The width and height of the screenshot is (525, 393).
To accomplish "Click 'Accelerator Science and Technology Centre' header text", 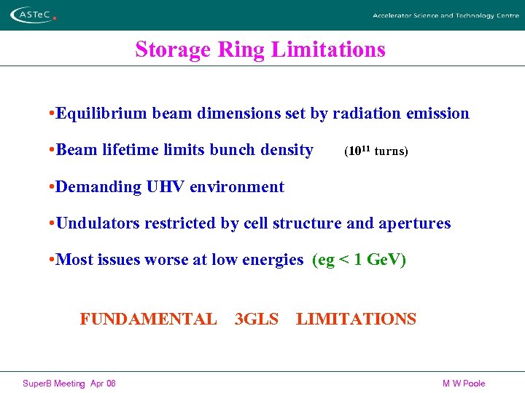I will (x=446, y=15).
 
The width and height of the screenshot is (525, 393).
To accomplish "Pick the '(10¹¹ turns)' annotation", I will (x=376, y=151).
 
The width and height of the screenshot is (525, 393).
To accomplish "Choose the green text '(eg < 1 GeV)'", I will (x=359, y=260).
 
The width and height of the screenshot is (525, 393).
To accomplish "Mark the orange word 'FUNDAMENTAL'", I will (x=148, y=319).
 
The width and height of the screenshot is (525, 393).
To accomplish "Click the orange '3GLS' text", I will (x=257, y=319).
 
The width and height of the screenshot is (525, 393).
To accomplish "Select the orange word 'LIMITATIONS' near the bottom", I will (x=356, y=319).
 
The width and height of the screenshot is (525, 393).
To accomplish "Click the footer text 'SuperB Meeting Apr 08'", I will (x=69, y=384).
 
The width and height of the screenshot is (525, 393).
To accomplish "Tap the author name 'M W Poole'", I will (x=464, y=384).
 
